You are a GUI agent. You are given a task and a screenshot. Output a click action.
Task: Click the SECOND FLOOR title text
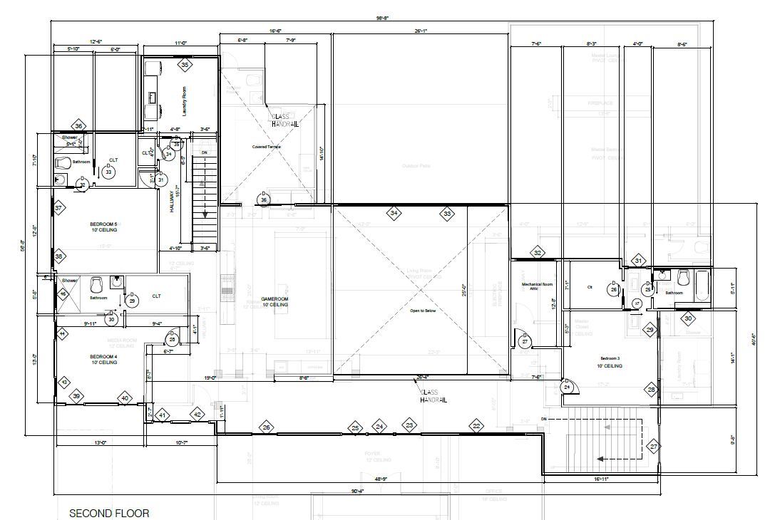pyautogui.click(x=109, y=513)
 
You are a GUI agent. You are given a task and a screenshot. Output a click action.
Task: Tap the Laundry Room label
pyautogui.click(x=184, y=101)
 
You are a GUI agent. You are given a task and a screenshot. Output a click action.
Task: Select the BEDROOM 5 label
pyautogui.click(x=103, y=227)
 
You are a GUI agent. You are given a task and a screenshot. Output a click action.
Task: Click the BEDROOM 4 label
pyautogui.click(x=103, y=359)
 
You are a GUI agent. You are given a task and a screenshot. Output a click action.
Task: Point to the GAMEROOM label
pyautogui.click(x=274, y=301)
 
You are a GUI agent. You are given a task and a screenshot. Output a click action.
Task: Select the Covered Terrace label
pyautogui.click(x=266, y=147)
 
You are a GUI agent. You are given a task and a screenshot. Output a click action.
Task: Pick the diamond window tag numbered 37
pyautogui.click(x=60, y=208)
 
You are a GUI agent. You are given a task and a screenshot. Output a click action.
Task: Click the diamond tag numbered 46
pyautogui.click(x=63, y=293)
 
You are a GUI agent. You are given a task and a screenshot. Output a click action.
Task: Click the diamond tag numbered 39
pyautogui.click(x=76, y=396)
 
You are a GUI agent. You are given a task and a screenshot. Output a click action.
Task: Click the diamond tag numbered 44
pyautogui.click(x=63, y=333)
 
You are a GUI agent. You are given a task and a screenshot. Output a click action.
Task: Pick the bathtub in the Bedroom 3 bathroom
pyautogui.click(x=702, y=284)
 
